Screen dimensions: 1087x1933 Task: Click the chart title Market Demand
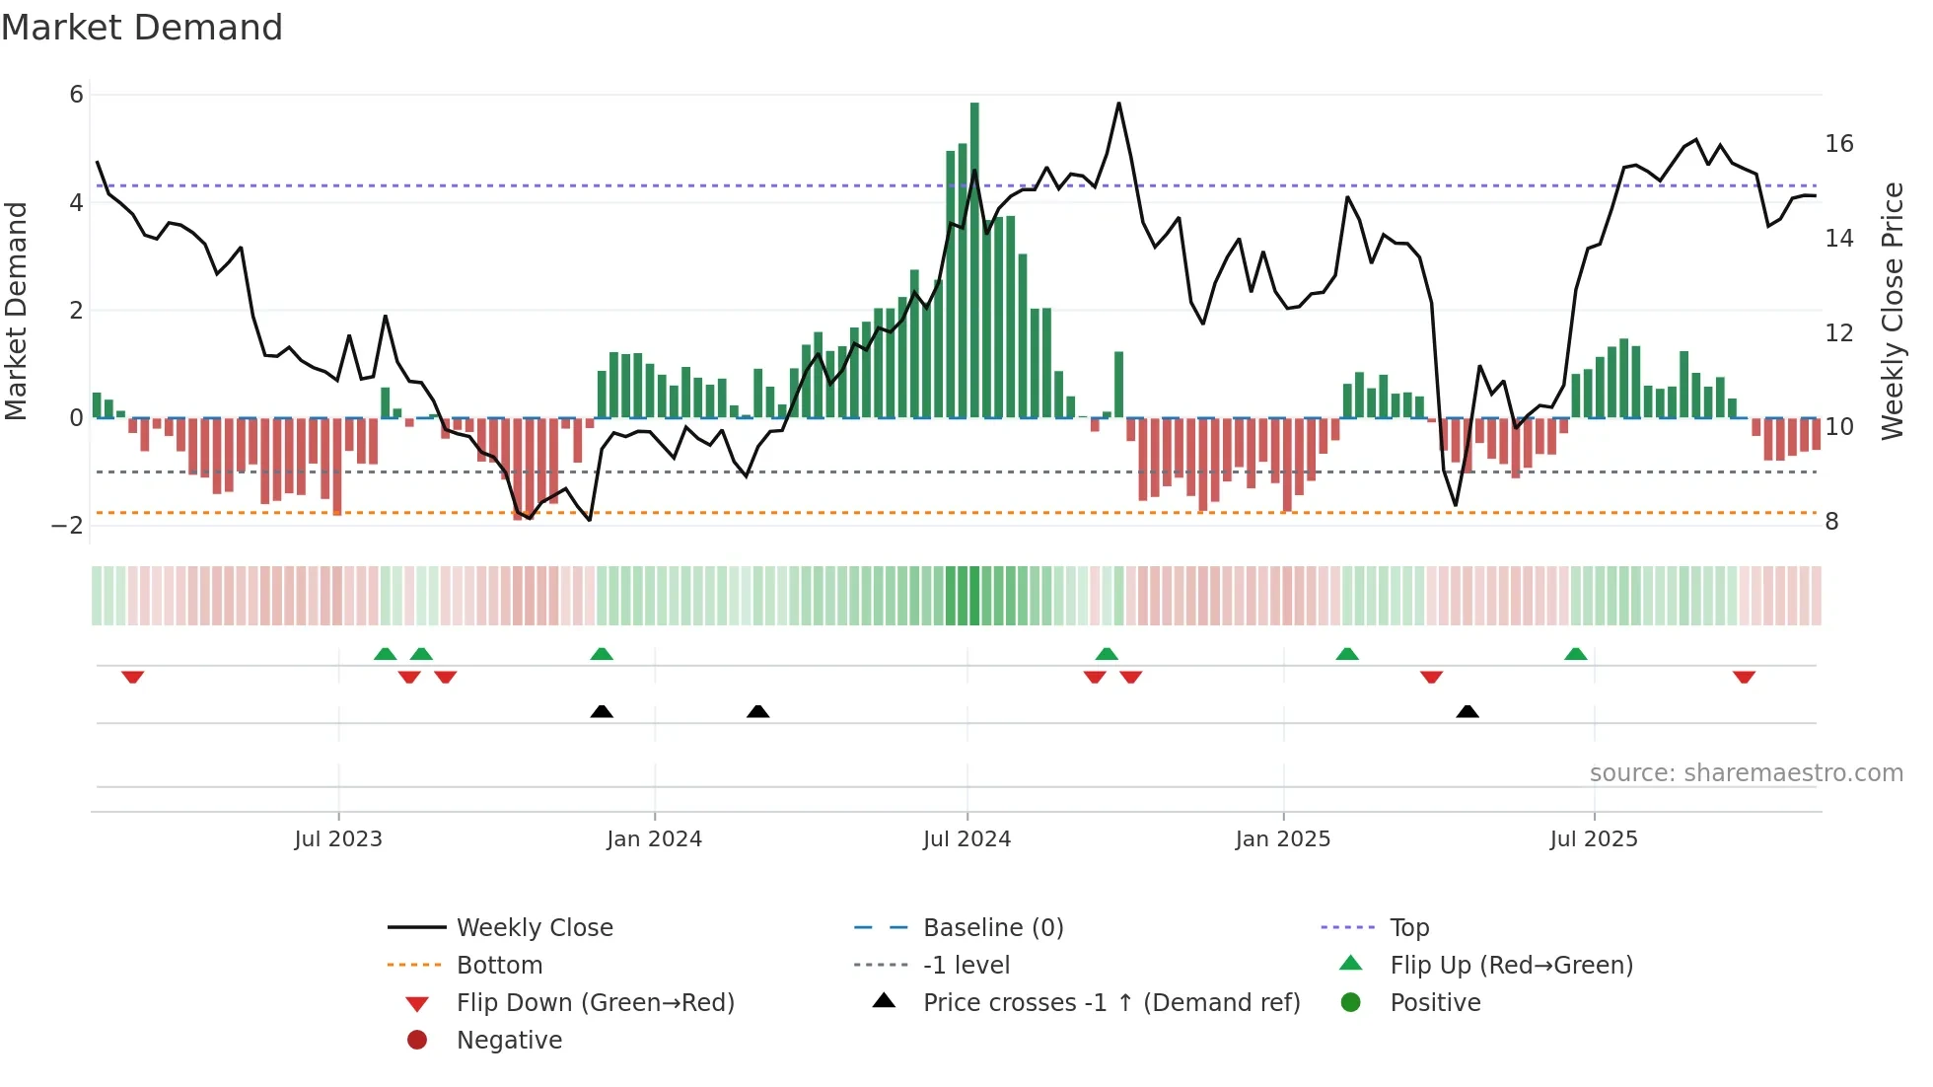tap(142, 28)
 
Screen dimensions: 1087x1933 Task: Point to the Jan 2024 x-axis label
tap(654, 839)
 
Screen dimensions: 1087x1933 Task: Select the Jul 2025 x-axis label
tap(1593, 839)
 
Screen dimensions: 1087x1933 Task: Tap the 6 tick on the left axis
tap(76, 95)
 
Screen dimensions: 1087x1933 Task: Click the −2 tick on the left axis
tap(68, 525)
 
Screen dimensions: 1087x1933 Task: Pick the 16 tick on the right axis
tap(1838, 144)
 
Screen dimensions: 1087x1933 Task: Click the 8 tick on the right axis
tap(1831, 522)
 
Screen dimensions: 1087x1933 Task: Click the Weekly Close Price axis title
tap(1892, 311)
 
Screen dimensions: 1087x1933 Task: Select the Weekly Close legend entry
tap(534, 928)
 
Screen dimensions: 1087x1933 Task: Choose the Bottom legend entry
tap(499, 966)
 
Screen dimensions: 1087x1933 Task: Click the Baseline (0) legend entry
tap(992, 928)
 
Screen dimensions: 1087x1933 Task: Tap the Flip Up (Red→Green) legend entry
tap(1511, 966)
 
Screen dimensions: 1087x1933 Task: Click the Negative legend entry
tap(509, 1041)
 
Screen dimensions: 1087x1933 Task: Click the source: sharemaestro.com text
tap(1746, 773)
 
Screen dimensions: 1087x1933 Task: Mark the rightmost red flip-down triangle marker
tap(1744, 678)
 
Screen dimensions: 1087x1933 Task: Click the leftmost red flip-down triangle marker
tap(133, 678)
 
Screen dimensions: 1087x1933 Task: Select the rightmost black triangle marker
tap(1468, 711)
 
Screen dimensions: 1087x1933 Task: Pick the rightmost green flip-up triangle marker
tap(1575, 654)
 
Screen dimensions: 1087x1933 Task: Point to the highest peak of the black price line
tap(1118, 104)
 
